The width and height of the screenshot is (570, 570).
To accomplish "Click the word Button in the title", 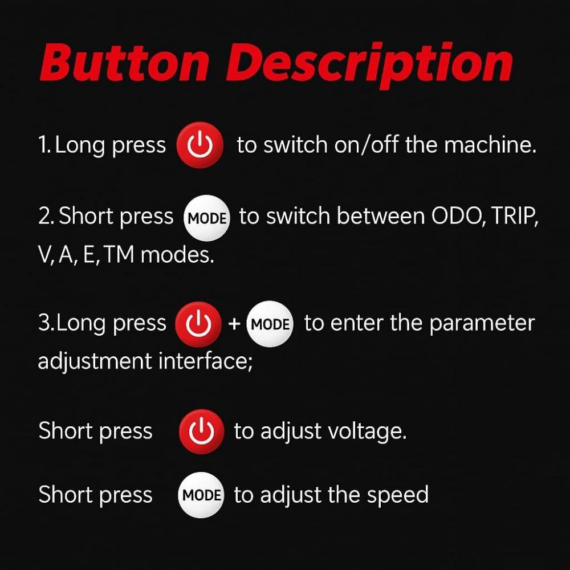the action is [x=125, y=63].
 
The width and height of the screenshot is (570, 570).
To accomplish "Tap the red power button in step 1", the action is [x=200, y=145].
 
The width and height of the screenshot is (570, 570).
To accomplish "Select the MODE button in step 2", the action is [x=207, y=218].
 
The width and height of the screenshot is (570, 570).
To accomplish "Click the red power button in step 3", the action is [x=198, y=324].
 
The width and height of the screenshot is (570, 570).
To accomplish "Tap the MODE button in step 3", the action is [x=270, y=324].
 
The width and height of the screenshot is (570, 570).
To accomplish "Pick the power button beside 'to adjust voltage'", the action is [x=202, y=431].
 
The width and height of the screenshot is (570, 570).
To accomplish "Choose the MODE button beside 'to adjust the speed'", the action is [x=201, y=495].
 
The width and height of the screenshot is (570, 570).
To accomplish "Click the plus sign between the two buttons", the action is [x=234, y=324].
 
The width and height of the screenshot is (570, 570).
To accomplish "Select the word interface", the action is [x=205, y=361].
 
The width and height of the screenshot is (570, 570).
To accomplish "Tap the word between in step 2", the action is [x=381, y=216].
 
